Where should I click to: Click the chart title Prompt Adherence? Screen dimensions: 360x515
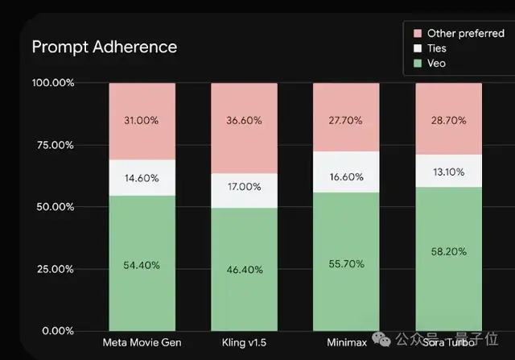coord(104,47)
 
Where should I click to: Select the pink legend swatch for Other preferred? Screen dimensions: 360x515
coord(418,34)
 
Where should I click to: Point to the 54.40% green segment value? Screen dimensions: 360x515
coord(142,265)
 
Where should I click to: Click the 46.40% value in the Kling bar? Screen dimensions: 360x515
coord(244,270)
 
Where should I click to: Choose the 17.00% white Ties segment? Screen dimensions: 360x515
coord(244,187)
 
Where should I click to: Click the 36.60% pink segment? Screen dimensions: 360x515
coord(244,121)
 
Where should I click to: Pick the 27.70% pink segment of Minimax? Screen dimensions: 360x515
coord(345,119)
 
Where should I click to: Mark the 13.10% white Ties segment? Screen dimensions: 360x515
coord(447,171)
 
